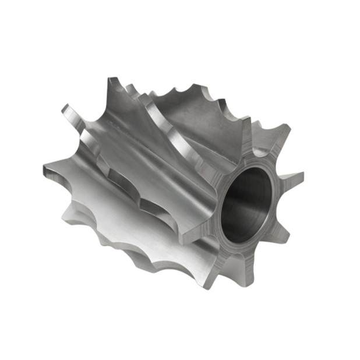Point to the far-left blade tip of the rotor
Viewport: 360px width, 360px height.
[x=47, y=169]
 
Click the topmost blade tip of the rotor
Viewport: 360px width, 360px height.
[x=111, y=82]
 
